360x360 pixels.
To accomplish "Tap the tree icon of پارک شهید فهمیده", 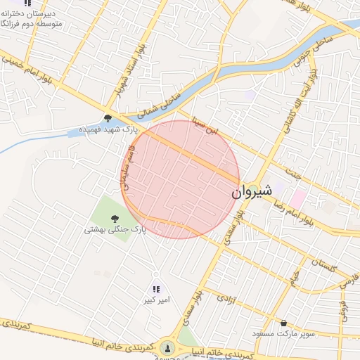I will pyautogui.click(x=108, y=118).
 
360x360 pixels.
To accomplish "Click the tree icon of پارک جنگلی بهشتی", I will pyautogui.click(x=115, y=217).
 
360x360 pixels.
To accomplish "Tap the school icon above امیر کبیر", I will pyautogui.click(x=156, y=289).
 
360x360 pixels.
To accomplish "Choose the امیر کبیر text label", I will pyautogui.click(x=155, y=301).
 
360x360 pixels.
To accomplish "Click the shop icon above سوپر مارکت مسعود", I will pyautogui.click(x=283, y=323).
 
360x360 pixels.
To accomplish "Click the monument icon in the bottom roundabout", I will pyautogui.click(x=167, y=347).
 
